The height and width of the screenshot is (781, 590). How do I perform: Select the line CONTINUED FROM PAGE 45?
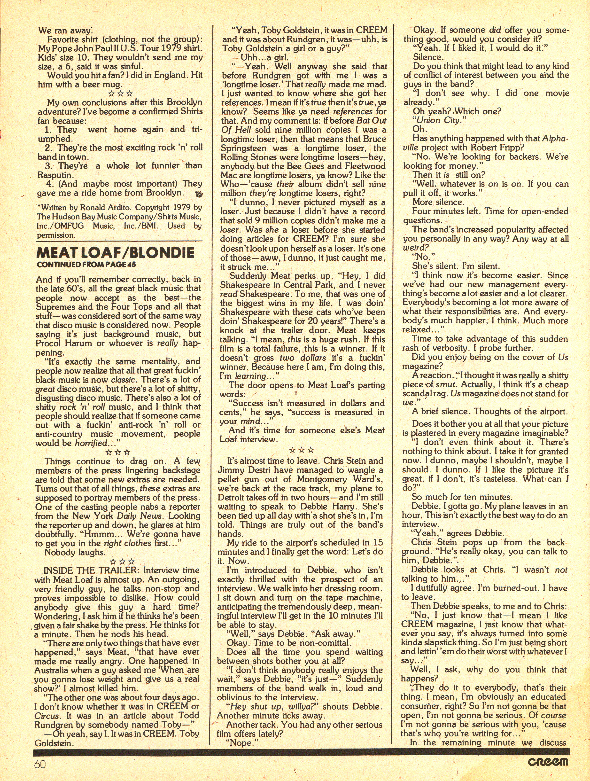[86, 265]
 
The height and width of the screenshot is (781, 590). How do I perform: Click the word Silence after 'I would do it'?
[427, 57]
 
